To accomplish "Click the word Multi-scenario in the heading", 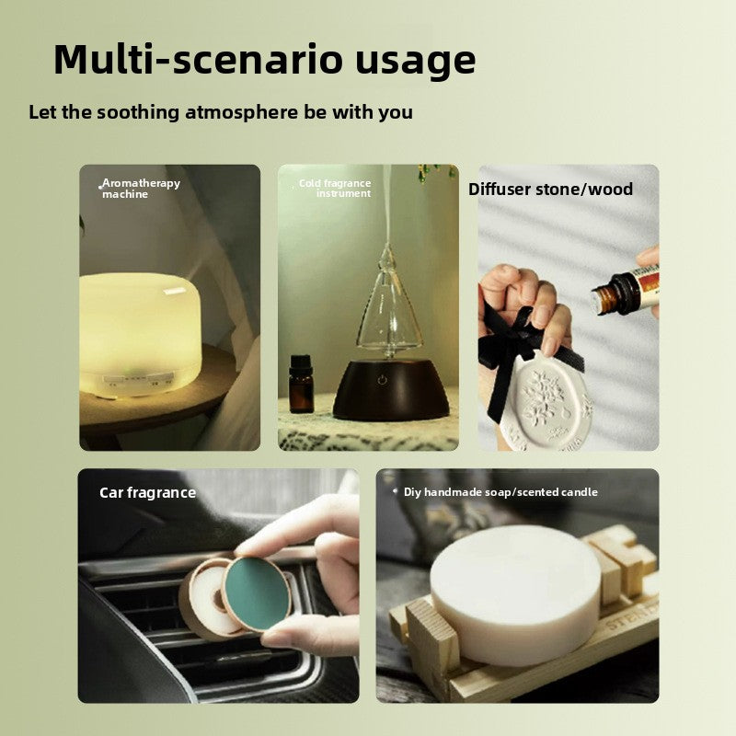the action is coord(200,59).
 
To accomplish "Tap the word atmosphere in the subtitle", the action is coord(241,112).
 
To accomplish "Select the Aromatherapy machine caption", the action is coord(141,189).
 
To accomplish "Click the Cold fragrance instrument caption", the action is coord(335,188).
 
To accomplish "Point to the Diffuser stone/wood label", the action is coord(550,190).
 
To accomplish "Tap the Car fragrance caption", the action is coord(147,492).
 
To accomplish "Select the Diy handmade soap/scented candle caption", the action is coord(500,492).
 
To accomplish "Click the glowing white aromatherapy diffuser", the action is coord(140,334).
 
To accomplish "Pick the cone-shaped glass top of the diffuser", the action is coord(388,305).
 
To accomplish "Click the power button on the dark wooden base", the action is coord(382,379).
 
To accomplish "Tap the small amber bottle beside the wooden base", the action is coord(301,384).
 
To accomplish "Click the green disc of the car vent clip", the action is coord(257,592).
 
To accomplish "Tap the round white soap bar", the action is coord(515,595).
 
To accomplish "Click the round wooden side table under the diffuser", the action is coord(155,399).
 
